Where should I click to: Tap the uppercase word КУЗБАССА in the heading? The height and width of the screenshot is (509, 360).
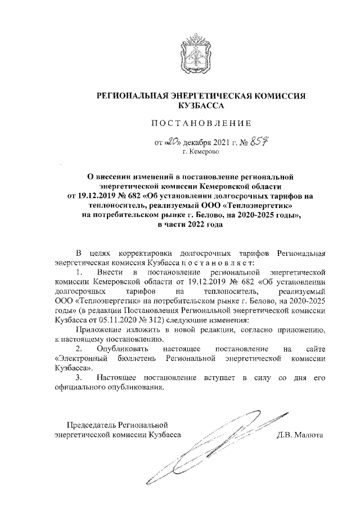coord(201,106)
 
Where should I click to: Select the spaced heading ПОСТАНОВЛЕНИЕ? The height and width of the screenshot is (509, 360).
coord(201,123)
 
